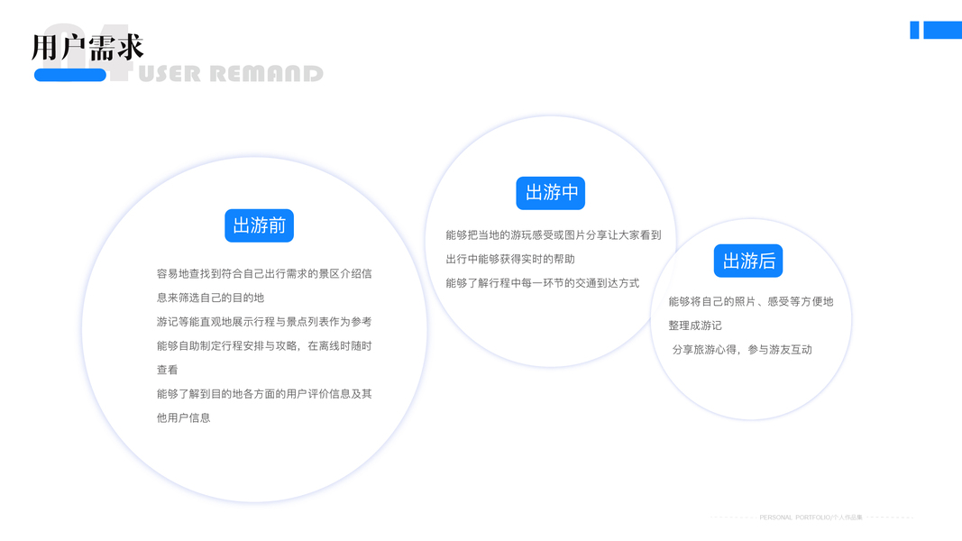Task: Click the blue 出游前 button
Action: (x=259, y=225)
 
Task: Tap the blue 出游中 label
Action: (x=550, y=193)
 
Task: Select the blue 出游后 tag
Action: (x=748, y=261)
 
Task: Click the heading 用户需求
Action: (x=87, y=47)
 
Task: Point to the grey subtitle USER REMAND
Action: (x=231, y=74)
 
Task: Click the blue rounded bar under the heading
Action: (x=70, y=75)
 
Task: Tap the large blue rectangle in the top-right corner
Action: (x=942, y=30)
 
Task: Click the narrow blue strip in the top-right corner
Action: (x=914, y=30)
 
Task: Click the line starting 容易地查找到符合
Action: (x=264, y=273)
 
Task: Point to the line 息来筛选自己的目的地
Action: (x=210, y=298)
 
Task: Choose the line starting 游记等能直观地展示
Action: (x=264, y=322)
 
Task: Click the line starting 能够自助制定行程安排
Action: (x=264, y=345)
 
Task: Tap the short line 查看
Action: (x=168, y=370)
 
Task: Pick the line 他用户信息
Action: (x=183, y=417)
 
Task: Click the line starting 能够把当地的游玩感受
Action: (x=553, y=234)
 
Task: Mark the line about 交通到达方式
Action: (x=542, y=283)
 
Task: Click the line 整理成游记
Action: (x=695, y=326)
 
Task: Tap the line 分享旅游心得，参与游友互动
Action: (x=742, y=350)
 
